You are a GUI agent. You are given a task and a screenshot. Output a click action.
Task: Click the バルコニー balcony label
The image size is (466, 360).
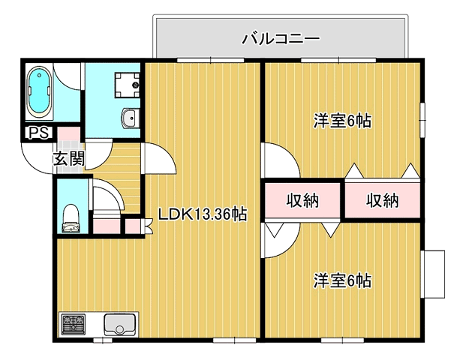[281, 38]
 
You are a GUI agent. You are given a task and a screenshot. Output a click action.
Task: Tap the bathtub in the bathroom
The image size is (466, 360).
[39, 94]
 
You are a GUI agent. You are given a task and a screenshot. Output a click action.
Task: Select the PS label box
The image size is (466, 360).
[35, 134]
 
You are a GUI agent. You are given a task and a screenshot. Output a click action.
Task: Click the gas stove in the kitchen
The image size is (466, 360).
[74, 324]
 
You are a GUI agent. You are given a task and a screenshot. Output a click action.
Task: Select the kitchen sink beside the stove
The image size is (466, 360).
[118, 324]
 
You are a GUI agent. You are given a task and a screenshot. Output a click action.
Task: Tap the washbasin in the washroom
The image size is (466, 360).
[129, 118]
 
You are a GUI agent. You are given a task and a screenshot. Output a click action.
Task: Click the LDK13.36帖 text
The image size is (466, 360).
[202, 214]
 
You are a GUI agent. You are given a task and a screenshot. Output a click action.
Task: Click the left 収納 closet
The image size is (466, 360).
[303, 200]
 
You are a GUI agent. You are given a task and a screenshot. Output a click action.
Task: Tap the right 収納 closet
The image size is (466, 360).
[382, 200]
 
